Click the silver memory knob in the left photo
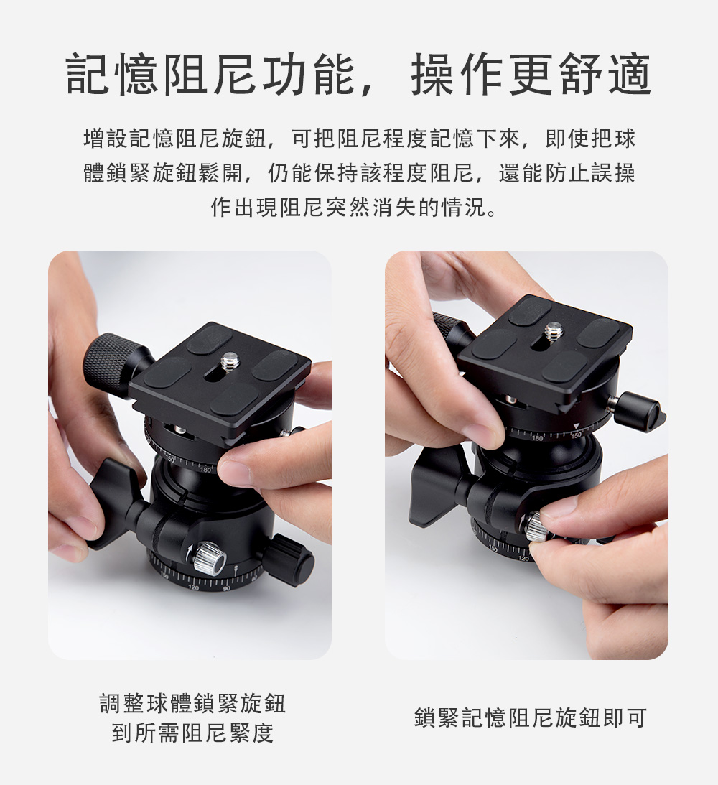point(210,558)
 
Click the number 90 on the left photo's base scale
point(227,587)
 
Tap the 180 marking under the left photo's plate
point(205,470)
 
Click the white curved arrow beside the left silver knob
point(189,552)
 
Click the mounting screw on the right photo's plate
point(554,331)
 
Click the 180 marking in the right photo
point(537,438)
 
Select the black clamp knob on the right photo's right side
point(639,410)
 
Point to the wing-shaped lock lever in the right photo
point(438,488)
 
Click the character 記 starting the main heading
point(87,74)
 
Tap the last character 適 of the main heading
point(630,74)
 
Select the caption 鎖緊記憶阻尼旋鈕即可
point(531,717)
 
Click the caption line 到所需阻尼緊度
point(192,733)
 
